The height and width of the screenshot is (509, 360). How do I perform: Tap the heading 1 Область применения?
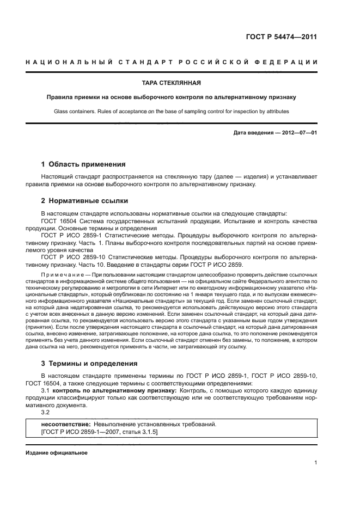83,164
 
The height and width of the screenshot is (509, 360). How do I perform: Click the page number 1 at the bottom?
315,463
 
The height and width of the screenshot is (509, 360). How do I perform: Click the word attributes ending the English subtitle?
275,112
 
